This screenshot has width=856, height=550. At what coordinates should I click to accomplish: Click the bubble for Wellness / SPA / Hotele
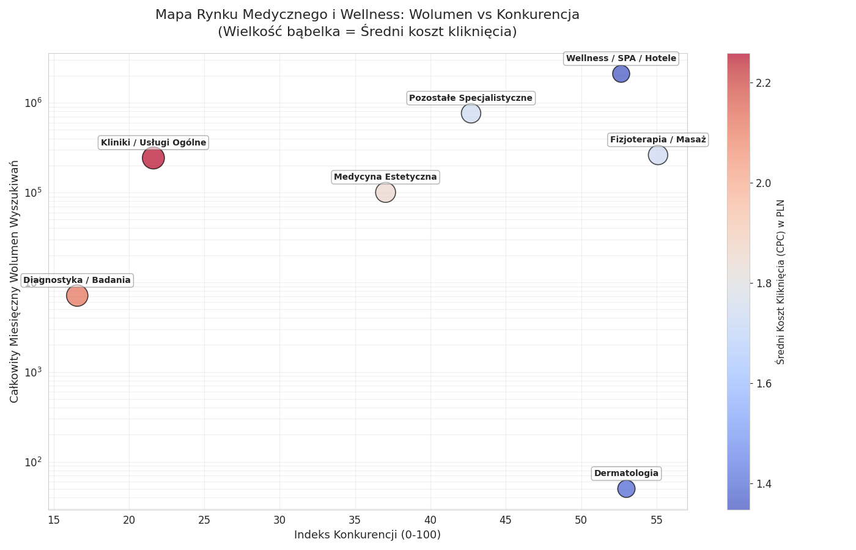point(621,74)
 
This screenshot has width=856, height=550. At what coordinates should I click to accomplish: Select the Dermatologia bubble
point(626,488)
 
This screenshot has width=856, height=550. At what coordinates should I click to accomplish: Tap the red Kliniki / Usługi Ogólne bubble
point(153,158)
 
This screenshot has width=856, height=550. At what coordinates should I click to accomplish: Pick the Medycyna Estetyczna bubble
point(385,193)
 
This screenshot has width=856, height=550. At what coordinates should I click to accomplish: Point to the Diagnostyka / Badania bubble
point(77,295)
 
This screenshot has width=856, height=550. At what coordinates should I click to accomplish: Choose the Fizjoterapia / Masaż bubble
point(657,155)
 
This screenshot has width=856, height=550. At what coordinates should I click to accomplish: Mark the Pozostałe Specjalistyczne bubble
point(471,113)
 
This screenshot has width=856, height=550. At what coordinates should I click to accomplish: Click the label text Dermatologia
point(626,474)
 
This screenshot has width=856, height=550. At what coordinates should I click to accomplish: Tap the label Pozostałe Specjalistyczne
point(471,98)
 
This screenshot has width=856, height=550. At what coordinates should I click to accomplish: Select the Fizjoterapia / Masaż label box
point(658,140)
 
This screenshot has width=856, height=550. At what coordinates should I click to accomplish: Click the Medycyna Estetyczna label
point(385,177)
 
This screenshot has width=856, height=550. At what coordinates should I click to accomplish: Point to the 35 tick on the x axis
point(355,520)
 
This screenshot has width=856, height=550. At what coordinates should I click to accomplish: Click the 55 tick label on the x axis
point(657,520)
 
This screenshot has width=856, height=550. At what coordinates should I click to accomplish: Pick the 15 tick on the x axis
point(54,520)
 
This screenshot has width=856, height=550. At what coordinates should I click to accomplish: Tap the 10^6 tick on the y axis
point(33,103)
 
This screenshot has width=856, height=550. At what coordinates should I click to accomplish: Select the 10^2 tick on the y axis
point(33,463)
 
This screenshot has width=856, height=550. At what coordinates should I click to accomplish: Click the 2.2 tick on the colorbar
point(762,83)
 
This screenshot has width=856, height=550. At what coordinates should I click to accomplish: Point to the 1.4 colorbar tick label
point(762,484)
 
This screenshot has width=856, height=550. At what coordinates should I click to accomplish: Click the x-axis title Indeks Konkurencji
point(367,535)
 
